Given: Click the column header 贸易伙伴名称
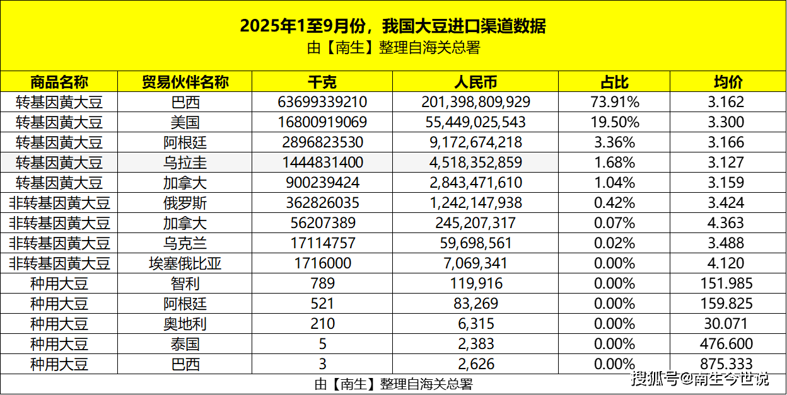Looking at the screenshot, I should pyautogui.click(x=185, y=82).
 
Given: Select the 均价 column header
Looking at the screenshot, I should pyautogui.click(x=728, y=82).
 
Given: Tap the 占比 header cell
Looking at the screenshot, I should pyautogui.click(x=614, y=82).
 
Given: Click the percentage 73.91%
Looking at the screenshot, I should pyautogui.click(x=614, y=102).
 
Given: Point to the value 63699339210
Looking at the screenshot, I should pyautogui.click(x=322, y=102).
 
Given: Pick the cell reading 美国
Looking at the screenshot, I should pyautogui.click(x=185, y=122).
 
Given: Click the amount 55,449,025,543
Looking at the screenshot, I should pyautogui.click(x=475, y=122).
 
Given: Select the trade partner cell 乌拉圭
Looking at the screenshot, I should pyautogui.click(x=185, y=163).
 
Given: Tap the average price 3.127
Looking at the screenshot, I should pyautogui.click(x=728, y=163).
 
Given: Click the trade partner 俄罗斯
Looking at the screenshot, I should pyautogui.click(x=185, y=203).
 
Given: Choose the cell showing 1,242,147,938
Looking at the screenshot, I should pyautogui.click(x=475, y=203).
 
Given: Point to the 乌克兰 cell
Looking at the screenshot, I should pyautogui.click(x=185, y=243).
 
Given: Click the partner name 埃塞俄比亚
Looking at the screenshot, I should pyautogui.click(x=185, y=263).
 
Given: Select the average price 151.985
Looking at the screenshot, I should pyautogui.click(x=728, y=283).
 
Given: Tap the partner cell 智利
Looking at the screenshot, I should pyautogui.click(x=185, y=283).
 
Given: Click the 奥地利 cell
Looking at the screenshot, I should pyautogui.click(x=185, y=324).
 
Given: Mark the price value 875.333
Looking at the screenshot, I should pyautogui.click(x=728, y=364).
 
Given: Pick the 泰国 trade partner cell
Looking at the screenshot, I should pyautogui.click(x=185, y=344).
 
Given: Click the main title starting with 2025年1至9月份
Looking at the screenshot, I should pyautogui.click(x=393, y=26).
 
